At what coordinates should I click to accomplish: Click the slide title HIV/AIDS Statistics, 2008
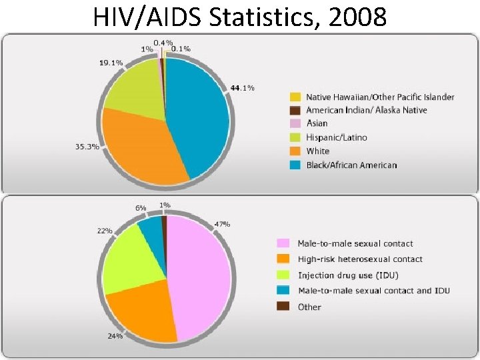click(x=239, y=16)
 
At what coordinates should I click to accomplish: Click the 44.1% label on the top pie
click(x=241, y=88)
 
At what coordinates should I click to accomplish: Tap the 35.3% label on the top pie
click(x=87, y=147)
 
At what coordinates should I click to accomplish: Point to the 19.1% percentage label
click(x=111, y=63)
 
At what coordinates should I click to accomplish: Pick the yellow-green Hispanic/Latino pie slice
click(x=133, y=90)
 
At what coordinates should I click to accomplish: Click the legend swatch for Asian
click(x=295, y=124)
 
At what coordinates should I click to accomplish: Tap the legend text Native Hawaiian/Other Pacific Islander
click(x=380, y=97)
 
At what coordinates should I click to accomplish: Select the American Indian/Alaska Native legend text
click(x=366, y=111)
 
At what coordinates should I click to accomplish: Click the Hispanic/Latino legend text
click(x=336, y=137)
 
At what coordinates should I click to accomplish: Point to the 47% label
click(x=222, y=224)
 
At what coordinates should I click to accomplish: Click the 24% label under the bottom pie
click(x=115, y=336)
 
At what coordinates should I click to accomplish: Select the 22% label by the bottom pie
click(x=105, y=231)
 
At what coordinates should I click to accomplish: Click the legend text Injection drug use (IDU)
click(x=349, y=275)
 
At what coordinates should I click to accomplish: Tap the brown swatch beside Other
click(x=283, y=307)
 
